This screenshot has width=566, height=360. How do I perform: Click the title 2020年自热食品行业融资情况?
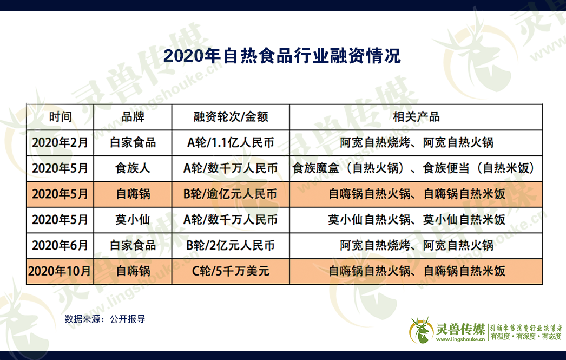click(x=282, y=56)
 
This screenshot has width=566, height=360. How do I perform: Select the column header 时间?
click(x=60, y=117)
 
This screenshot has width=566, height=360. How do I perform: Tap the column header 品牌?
click(x=133, y=117)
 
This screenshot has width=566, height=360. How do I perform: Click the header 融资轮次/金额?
click(x=231, y=117)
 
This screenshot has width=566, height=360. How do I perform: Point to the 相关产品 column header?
click(x=416, y=117)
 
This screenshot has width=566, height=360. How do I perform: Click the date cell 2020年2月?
click(x=60, y=142)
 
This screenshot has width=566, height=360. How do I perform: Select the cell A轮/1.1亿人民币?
click(x=231, y=142)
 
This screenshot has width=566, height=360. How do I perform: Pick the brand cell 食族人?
click(x=133, y=168)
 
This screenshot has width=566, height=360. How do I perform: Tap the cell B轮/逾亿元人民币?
click(x=231, y=194)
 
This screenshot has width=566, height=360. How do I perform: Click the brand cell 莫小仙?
click(x=133, y=220)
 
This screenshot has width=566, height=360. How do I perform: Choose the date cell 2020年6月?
click(x=60, y=246)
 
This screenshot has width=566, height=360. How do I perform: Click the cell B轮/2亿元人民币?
click(x=231, y=246)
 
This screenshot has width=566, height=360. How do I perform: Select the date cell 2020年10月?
click(x=60, y=271)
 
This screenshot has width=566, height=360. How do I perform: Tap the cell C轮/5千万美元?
click(x=231, y=271)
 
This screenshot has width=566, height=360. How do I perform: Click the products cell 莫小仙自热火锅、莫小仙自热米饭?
click(x=417, y=220)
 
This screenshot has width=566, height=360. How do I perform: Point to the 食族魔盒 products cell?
click(x=413, y=168)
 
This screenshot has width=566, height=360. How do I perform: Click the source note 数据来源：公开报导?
click(x=105, y=319)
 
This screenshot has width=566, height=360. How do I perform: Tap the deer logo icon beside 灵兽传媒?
click(x=421, y=330)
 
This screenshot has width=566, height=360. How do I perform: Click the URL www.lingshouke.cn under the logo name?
click(x=460, y=339)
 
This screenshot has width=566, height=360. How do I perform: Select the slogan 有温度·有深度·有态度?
click(x=526, y=337)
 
